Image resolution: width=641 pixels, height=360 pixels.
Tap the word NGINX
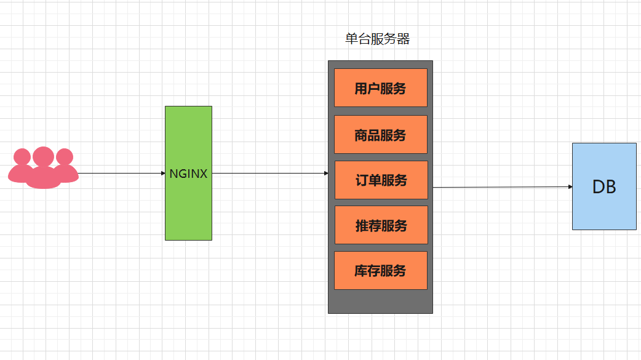188,174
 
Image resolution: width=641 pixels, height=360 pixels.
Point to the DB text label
604,187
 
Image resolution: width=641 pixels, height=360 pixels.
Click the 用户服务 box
380,88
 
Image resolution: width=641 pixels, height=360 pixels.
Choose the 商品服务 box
380,135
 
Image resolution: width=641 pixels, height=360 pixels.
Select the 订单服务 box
381,180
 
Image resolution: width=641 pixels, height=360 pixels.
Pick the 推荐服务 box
381,225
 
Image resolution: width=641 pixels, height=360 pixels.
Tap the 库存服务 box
380,271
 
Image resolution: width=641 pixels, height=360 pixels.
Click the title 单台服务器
377,39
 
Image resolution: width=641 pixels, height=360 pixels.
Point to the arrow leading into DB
501,186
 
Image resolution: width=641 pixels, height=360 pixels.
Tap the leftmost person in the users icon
22,166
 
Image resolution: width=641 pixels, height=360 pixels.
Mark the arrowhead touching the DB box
569,186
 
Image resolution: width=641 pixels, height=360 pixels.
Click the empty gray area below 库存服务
380,302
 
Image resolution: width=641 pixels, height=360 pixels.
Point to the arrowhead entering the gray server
325,174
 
